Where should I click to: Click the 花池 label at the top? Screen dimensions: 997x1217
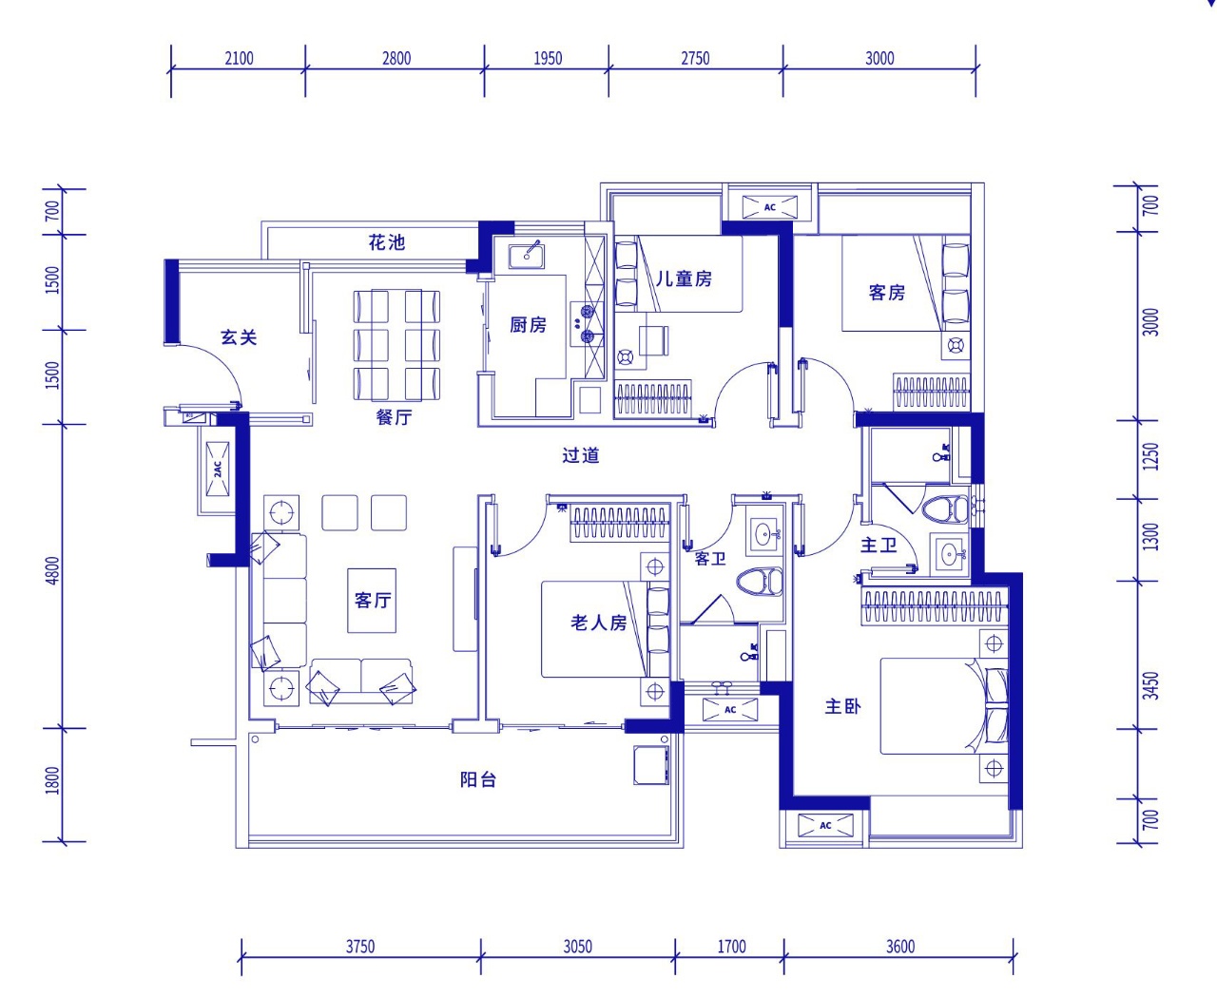[x=387, y=242]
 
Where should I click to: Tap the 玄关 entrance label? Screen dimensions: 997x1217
[x=239, y=337]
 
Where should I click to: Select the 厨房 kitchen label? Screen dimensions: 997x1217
[x=528, y=325]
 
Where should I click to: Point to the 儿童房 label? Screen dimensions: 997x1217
[x=684, y=278]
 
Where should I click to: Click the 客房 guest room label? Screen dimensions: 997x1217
[x=886, y=293]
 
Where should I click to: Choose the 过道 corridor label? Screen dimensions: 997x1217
[x=580, y=455]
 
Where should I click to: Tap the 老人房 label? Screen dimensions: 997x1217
[x=598, y=623]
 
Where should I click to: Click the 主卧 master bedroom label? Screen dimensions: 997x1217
[x=842, y=706]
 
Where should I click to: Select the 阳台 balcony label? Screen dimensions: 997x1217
[x=478, y=779]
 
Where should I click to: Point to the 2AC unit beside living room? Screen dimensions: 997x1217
[x=218, y=469]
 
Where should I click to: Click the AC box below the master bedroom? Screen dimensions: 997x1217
[x=824, y=825]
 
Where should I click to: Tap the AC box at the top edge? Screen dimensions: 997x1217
[x=770, y=207]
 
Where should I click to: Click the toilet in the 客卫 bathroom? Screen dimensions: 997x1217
[x=760, y=582]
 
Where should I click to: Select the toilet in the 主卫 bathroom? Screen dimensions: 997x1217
[x=946, y=508]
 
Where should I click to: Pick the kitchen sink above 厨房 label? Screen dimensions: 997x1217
[x=527, y=255]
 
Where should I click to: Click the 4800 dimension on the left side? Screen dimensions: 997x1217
[x=52, y=570]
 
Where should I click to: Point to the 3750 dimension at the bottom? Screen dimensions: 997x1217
[x=359, y=946]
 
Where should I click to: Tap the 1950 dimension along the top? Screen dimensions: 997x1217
[x=547, y=58]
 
